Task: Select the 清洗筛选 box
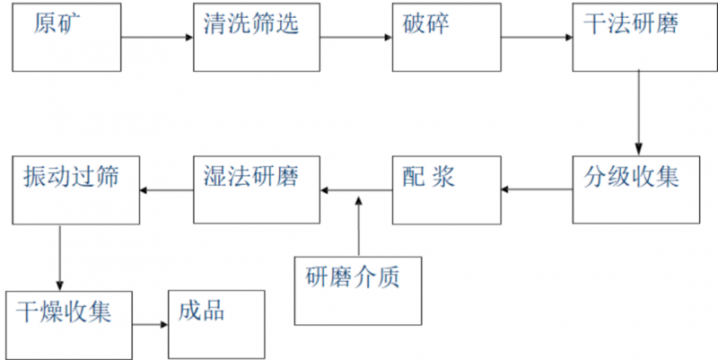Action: pyautogui.click(x=257, y=38)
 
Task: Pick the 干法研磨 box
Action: pyautogui.click(x=635, y=38)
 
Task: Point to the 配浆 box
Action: pyautogui.click(x=446, y=189)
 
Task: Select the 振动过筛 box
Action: pyautogui.click(x=76, y=189)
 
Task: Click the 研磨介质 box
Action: pyautogui.click(x=357, y=289)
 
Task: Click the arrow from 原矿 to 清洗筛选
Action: pyautogui.click(x=158, y=38)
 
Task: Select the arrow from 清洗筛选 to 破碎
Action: pyautogui.click(x=356, y=38)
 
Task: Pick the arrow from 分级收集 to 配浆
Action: pyautogui.click(x=537, y=189)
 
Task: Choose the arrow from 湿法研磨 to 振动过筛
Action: pyautogui.click(x=167, y=189)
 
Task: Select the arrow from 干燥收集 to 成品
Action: pyautogui.click(x=151, y=324)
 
